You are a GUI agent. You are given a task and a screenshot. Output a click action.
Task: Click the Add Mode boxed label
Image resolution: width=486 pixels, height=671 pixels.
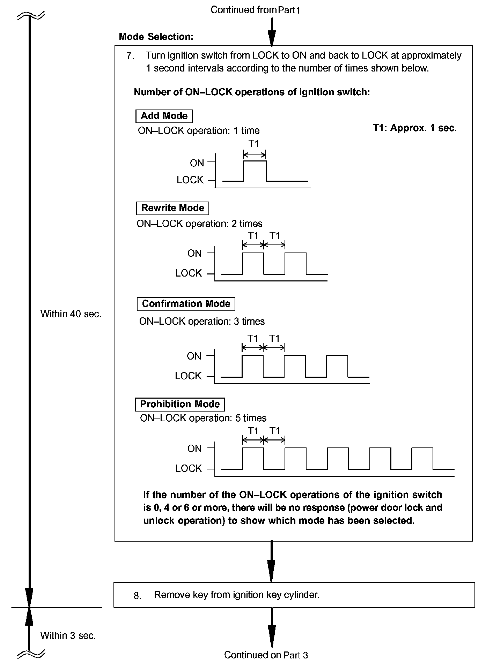pos(164,116)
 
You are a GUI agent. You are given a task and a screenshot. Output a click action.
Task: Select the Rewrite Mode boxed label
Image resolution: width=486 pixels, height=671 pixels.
pos(172,208)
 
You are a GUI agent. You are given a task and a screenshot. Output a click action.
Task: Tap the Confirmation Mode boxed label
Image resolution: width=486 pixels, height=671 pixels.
pos(186,304)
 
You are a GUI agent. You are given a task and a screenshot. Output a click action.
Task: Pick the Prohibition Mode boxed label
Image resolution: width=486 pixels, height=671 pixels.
pos(180,404)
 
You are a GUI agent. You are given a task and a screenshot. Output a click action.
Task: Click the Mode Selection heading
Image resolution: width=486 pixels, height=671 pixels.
pos(156,37)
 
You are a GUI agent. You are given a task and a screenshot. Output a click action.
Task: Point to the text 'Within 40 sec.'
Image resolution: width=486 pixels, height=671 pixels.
pos(71,314)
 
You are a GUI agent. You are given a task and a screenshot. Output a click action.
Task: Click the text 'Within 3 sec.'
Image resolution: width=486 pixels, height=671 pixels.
pos(68,635)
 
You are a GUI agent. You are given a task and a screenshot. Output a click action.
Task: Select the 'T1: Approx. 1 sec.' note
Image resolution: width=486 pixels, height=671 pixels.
pos(414,128)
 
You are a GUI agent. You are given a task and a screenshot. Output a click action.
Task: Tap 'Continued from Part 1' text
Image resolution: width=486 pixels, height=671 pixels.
pos(255,10)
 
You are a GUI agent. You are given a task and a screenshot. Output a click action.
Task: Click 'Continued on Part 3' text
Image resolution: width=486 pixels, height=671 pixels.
pos(266,655)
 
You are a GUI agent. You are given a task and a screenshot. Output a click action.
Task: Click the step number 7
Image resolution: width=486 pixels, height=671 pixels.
pos(130,56)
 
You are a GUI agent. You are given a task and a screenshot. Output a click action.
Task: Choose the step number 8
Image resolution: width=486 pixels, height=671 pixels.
pos(137,596)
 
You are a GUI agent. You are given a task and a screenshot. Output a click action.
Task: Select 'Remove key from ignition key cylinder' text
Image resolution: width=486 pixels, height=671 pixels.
pos(237,595)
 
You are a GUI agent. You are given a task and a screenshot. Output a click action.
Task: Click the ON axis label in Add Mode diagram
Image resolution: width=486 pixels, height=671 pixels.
pos(197,163)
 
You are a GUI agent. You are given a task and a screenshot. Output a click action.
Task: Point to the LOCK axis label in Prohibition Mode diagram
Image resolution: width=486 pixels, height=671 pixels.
pos(189,468)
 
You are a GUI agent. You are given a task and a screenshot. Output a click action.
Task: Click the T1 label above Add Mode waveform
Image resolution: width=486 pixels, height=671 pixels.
pos(254,144)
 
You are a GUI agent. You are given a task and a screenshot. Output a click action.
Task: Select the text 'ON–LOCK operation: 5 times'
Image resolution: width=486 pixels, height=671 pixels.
pos(203,418)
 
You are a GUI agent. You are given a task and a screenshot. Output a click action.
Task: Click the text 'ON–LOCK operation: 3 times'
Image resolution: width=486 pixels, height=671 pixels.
pos(202,321)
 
